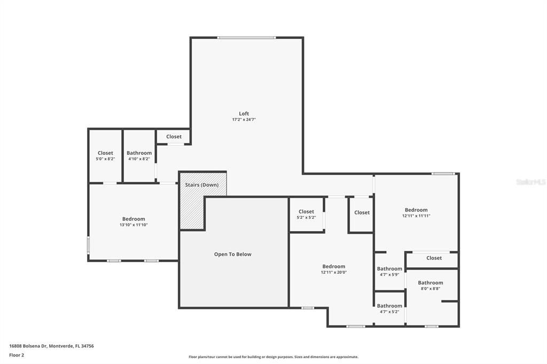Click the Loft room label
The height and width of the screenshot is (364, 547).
[244, 113]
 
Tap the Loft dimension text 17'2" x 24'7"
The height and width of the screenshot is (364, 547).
[244, 120]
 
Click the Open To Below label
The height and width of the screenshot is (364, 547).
[232, 254]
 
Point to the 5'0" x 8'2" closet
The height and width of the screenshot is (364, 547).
[105, 156]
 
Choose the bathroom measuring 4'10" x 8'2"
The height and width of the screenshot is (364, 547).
[139, 156]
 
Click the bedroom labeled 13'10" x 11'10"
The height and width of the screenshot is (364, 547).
[133, 221]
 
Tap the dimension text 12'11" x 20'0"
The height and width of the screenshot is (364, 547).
[334, 272]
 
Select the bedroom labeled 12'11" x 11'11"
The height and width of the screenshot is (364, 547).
[416, 212]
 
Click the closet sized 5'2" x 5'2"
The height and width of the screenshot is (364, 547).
[306, 215]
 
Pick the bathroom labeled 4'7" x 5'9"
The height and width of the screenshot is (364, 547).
[389, 271]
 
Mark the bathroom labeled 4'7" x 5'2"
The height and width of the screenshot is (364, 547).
[389, 308]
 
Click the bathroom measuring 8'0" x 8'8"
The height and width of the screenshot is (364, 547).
[431, 286]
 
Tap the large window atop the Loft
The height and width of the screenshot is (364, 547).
[246, 37]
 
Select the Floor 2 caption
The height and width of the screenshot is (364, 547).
[17, 354]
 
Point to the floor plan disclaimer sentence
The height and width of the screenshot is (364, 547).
[273, 357]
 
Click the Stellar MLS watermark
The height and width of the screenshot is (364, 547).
[530, 182]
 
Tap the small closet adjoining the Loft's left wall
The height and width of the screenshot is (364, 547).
[174, 137]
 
